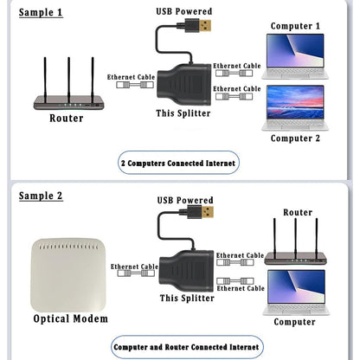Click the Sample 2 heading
[40, 196]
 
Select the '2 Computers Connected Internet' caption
[178, 162]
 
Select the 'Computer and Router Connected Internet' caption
[185, 346]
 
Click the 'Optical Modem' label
[71, 318]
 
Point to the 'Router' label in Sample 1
[67, 119]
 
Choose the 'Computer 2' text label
[295, 138]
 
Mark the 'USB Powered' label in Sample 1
[184, 10]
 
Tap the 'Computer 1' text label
[295, 26]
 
